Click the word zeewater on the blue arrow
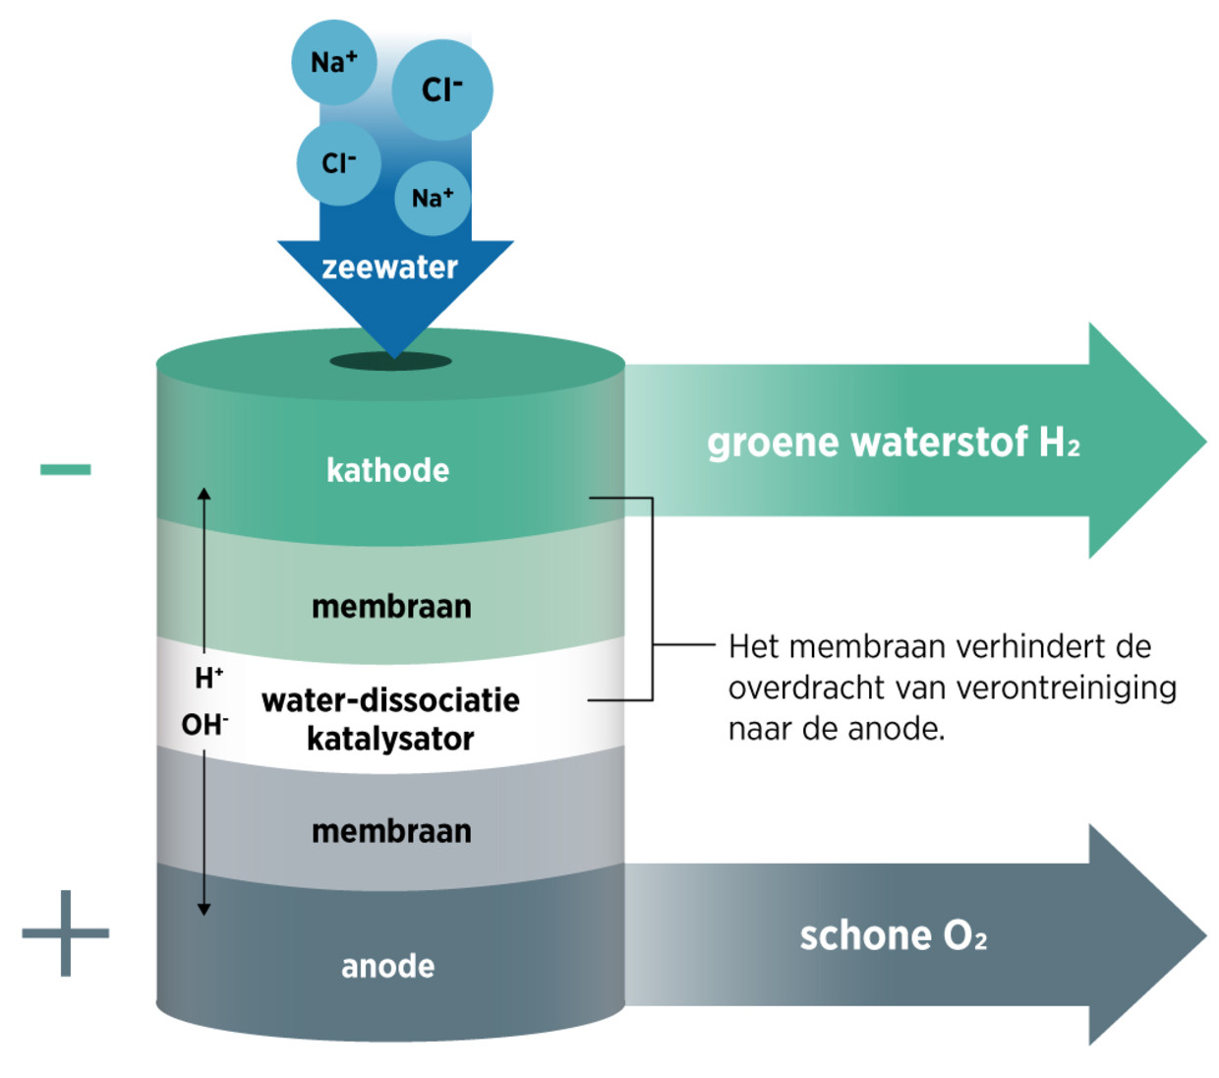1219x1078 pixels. coord(389,268)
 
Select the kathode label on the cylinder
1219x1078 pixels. coord(387,470)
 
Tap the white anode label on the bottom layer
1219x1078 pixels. coord(387,966)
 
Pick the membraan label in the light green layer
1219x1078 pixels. coord(391,607)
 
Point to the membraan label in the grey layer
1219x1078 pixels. coord(391,831)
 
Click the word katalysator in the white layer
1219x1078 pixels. coord(390,739)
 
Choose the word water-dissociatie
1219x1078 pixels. coord(390,700)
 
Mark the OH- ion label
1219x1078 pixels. coord(204,726)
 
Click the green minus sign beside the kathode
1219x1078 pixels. coord(65,470)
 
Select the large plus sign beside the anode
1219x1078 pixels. coord(65,932)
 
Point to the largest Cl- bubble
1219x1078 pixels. coord(442,90)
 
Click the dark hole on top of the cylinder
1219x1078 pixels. coord(390,362)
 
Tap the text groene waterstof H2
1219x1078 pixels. coord(893,444)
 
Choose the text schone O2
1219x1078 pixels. coord(893,935)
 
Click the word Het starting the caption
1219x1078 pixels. coord(754,647)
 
